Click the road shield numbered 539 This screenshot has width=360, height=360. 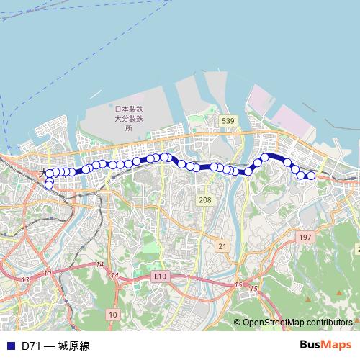pyautogui.click(x=228, y=120)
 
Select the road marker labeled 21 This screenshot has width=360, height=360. pyautogui.click(x=222, y=246)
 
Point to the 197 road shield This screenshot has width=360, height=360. pyautogui.click(x=305, y=237)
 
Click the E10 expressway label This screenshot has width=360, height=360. pyautogui.click(x=160, y=276)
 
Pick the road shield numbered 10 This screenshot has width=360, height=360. pyautogui.click(x=113, y=315)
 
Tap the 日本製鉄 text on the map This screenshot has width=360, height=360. pyautogui.click(x=129, y=109)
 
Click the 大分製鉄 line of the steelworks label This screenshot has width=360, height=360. pyautogui.click(x=129, y=118)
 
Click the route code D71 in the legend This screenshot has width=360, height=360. pyautogui.click(x=30, y=346)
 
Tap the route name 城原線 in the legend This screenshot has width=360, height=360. pyautogui.click(x=74, y=346)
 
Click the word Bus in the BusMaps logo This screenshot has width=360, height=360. pyautogui.click(x=310, y=345)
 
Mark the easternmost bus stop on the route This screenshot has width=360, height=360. pyautogui.click(x=312, y=176)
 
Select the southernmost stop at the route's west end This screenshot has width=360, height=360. pyautogui.click(x=49, y=185)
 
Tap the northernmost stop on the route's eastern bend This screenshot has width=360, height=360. pyautogui.click(x=265, y=157)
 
